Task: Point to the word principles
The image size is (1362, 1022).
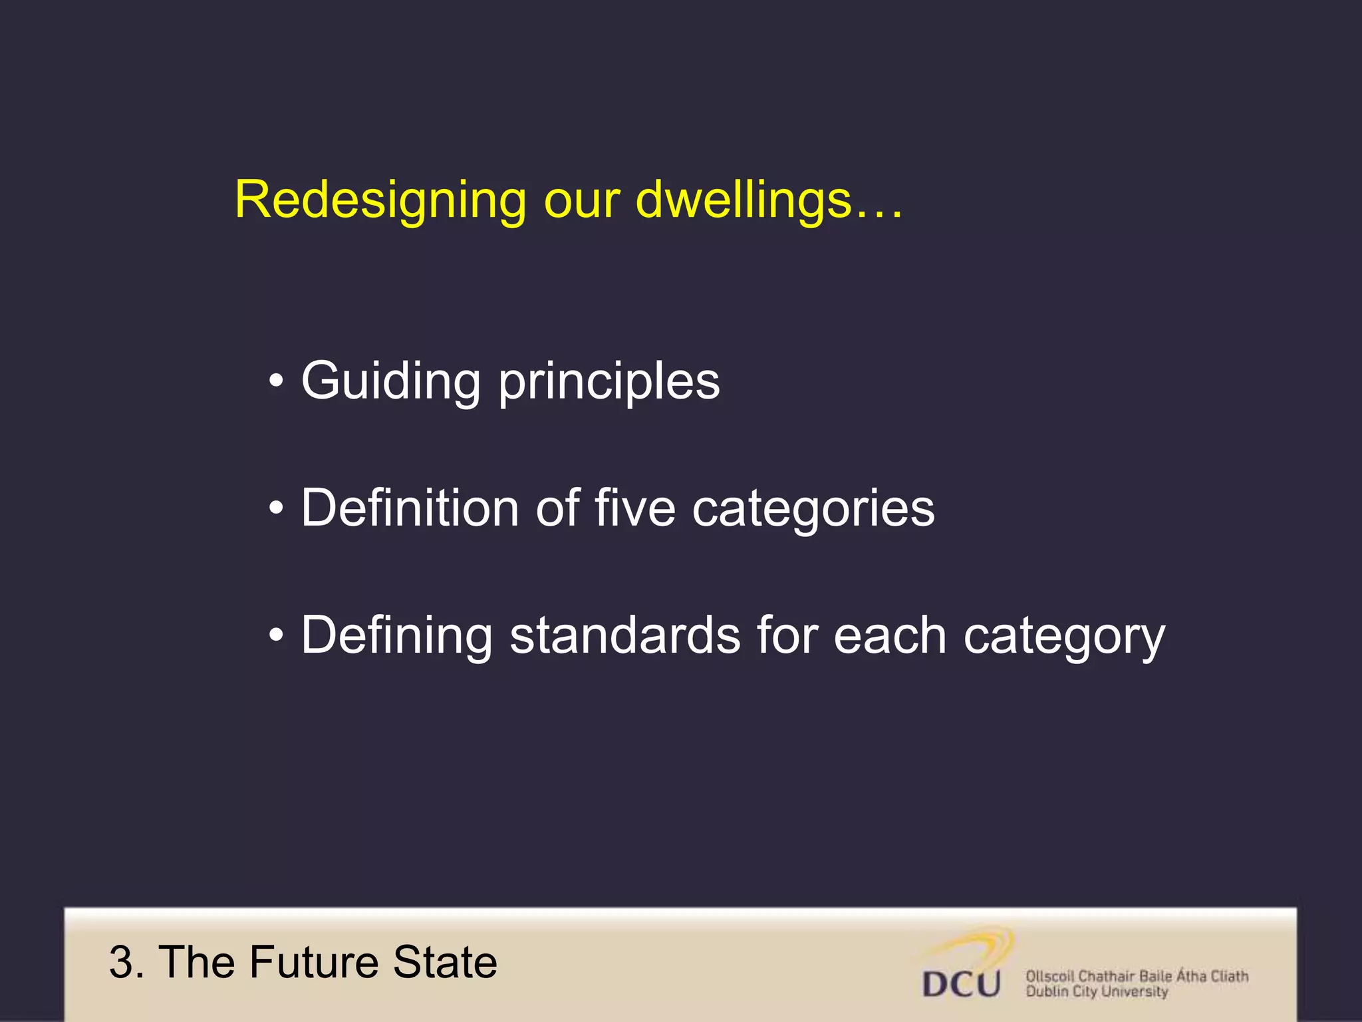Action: pos(609,383)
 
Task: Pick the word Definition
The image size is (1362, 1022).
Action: pos(410,508)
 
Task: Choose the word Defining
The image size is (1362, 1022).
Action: pos(397,635)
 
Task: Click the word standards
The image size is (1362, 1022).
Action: pos(625,635)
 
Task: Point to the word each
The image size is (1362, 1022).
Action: pos(890,635)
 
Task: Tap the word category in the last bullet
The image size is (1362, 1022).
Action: pos(1064,637)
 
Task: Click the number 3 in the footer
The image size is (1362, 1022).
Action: pos(122,962)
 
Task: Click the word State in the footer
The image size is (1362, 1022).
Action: pos(445,962)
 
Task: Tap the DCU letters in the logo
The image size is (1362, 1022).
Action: pos(962,983)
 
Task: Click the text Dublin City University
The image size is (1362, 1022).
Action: pos(1097,992)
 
